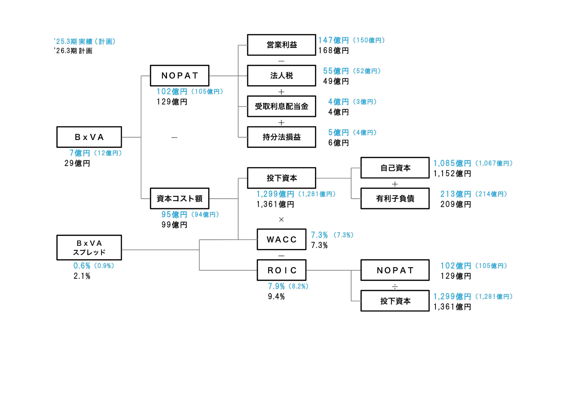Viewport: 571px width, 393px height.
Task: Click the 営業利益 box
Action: pos(281,45)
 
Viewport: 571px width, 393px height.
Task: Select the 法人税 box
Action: pos(281,76)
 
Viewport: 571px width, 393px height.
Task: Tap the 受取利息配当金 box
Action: pos(281,106)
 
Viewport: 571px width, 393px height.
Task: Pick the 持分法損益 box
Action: pos(281,137)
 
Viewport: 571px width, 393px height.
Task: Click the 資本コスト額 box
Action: pos(180,199)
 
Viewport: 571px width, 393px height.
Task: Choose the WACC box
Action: pos(281,239)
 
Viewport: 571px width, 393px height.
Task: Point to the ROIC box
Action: pos(281,270)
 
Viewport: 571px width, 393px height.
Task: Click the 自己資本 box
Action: pos(395,168)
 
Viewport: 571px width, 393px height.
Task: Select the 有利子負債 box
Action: pos(395,199)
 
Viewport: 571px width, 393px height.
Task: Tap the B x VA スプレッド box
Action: pos(89,248)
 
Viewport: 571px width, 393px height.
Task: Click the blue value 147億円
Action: pos(333,40)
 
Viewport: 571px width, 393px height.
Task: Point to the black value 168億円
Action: pos(333,51)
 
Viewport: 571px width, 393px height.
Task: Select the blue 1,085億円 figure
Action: pos(452,163)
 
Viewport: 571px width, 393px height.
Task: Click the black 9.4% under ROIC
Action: pos(276,297)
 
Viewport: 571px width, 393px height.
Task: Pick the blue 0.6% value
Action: pos(82,266)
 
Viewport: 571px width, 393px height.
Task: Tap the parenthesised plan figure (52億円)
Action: pos(367,71)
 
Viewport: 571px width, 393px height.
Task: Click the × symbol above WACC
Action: pos(281,219)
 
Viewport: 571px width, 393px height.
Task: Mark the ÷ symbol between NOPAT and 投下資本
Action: pos(395,287)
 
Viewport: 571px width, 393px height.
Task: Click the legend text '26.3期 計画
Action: pos(74,51)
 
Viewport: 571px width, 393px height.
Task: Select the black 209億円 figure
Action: pos(456,204)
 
